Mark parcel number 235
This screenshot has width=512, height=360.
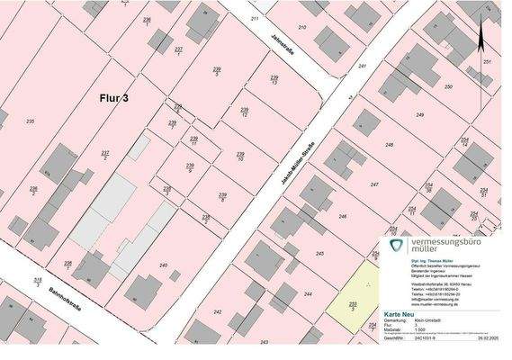[31, 121]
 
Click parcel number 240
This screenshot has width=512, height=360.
[163, 265]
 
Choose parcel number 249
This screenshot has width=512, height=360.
[419, 115]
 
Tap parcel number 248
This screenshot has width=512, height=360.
[389, 145]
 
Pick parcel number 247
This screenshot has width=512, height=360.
[373, 184]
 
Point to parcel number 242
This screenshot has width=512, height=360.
[217, 311]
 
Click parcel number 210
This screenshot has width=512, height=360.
[302, 28]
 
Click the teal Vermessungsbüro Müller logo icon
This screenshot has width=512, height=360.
[395, 247]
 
